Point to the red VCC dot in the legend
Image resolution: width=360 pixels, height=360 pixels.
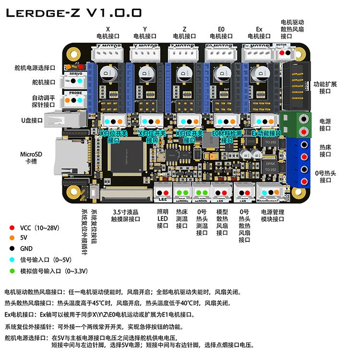point(11,228)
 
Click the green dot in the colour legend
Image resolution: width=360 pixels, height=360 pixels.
point(11,271)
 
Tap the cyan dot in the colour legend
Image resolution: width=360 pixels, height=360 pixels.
point(11,260)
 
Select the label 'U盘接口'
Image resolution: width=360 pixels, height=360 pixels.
point(32,120)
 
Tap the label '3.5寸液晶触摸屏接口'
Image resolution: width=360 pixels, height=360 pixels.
point(126,216)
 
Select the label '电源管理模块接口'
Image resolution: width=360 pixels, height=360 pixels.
point(273,216)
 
